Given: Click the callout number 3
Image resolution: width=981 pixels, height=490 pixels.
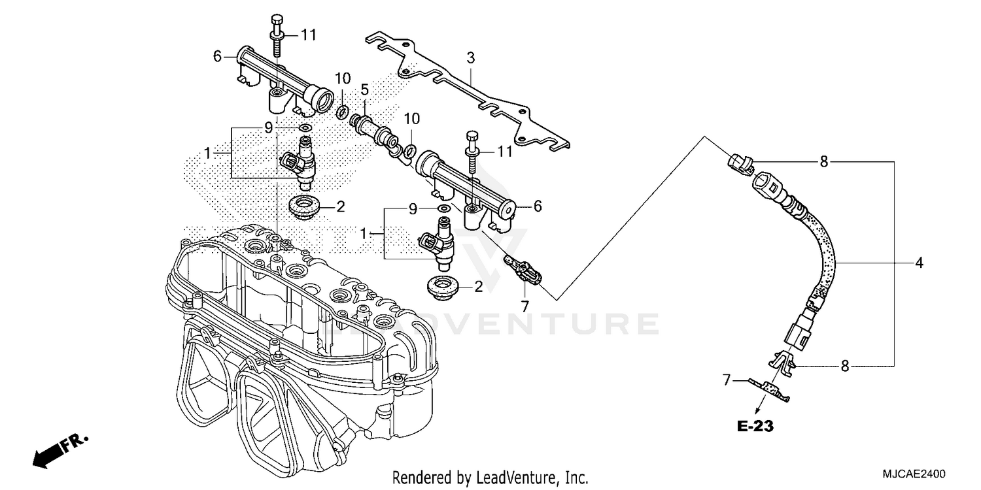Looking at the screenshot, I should [x=470, y=58].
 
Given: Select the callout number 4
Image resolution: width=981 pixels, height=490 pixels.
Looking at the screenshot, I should [x=919, y=263].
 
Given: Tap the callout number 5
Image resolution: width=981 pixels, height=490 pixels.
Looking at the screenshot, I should [x=364, y=90].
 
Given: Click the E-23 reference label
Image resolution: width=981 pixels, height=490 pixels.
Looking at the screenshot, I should [x=755, y=427].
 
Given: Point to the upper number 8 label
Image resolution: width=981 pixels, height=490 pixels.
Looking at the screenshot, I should [x=823, y=161].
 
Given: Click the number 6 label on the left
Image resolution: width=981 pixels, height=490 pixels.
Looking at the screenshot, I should [x=217, y=57].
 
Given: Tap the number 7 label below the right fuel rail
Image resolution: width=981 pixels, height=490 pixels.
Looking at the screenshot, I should [x=524, y=305].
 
